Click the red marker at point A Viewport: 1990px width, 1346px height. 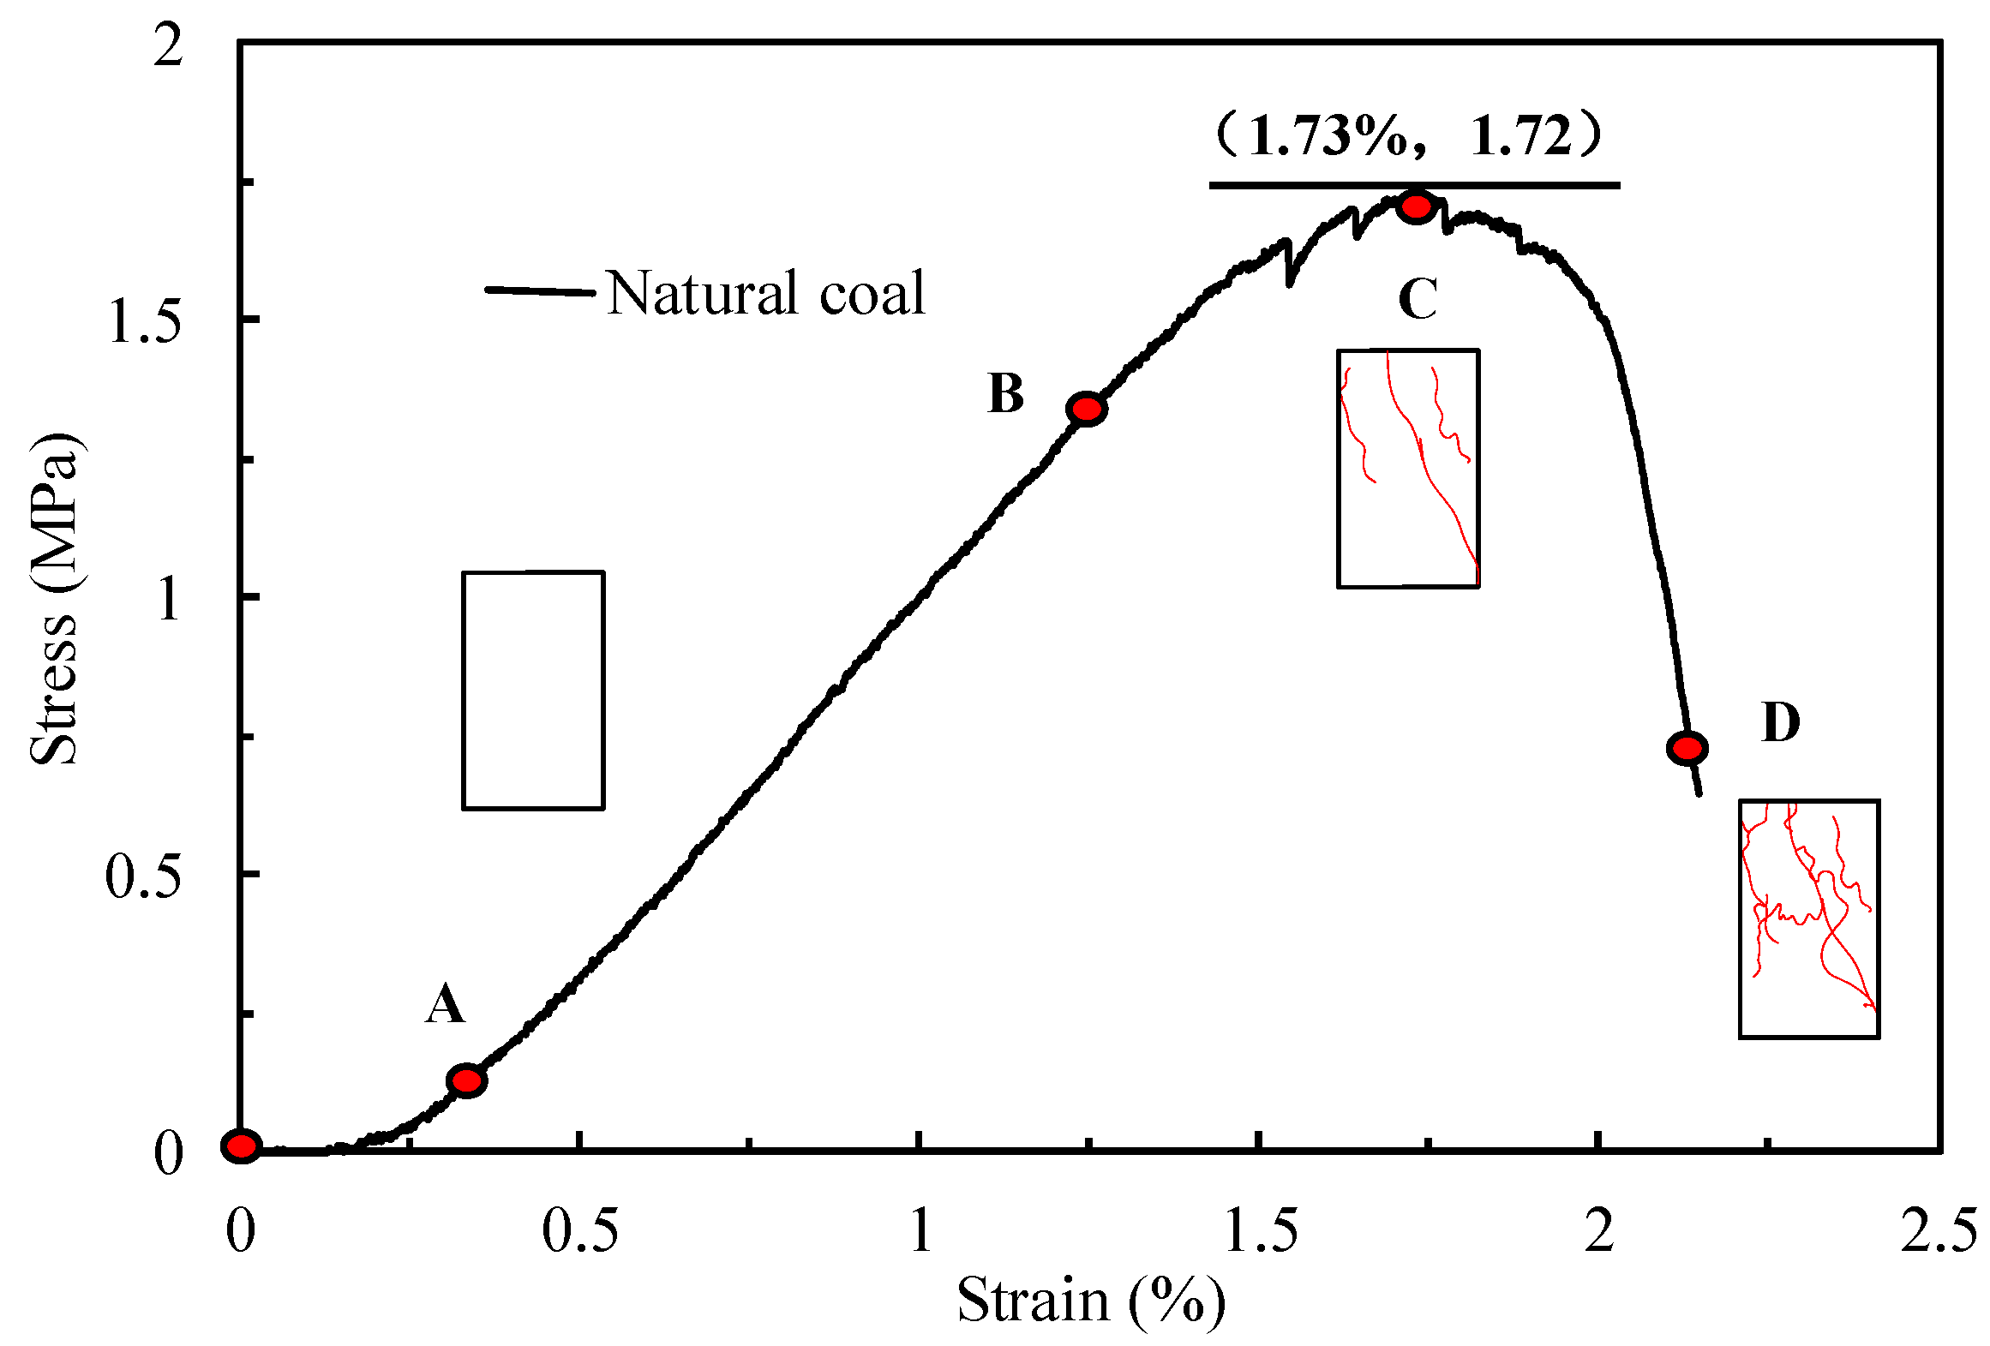coord(466,1080)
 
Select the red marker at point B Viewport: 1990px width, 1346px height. coord(1087,410)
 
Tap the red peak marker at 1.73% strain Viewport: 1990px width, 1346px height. coord(1416,206)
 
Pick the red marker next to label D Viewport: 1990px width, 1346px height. coord(1687,748)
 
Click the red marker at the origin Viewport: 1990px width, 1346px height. coord(241,1146)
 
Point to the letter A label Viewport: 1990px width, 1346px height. coord(445,1004)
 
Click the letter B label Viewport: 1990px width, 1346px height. coord(1005,394)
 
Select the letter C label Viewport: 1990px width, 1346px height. coord(1418,299)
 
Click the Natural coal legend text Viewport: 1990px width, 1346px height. coord(766,294)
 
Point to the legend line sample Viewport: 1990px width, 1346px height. coord(540,291)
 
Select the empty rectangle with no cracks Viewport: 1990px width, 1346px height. coord(533,690)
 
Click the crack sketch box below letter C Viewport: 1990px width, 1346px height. coord(1408,468)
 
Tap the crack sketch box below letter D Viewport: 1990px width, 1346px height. coord(1809,918)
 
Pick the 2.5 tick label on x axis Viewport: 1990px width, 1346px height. coord(1938,1232)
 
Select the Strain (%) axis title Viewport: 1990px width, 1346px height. coord(1090,1301)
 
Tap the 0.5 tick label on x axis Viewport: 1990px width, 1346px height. coord(579,1232)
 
